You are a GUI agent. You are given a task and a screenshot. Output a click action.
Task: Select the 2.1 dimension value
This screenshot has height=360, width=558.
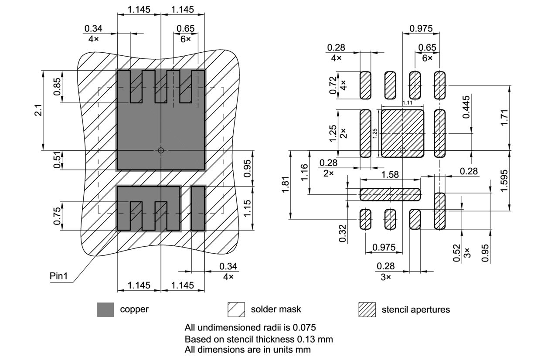coord(38,110)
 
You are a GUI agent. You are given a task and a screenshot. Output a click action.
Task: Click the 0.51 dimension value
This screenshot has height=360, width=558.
coord(57,160)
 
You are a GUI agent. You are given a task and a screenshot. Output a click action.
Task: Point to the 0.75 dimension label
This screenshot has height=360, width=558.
coord(57,216)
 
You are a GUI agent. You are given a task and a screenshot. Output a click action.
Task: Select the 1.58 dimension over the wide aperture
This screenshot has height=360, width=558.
coord(389,174)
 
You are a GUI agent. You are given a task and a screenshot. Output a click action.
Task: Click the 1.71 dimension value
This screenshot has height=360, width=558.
coord(504,117)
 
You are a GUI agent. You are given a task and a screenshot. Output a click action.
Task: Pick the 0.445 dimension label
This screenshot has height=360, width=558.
coord(466,107)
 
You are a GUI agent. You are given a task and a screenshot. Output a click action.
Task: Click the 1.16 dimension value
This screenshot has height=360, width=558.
coord(304,173)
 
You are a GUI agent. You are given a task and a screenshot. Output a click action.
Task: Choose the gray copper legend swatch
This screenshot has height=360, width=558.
coord(105,310)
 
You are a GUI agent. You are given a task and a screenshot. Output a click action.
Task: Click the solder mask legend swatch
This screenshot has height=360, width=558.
coord(236,310)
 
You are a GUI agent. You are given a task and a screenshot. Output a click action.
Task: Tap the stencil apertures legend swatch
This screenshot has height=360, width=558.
coord(367,310)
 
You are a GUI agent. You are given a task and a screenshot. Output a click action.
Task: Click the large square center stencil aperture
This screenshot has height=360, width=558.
coord(402,133)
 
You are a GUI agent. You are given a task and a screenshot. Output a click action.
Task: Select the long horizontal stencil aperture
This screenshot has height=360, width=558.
coord(390,194)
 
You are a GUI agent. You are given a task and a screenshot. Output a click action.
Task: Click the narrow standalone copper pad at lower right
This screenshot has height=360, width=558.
coord(198,208)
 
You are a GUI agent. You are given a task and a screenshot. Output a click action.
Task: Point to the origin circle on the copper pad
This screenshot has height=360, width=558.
coord(161,150)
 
